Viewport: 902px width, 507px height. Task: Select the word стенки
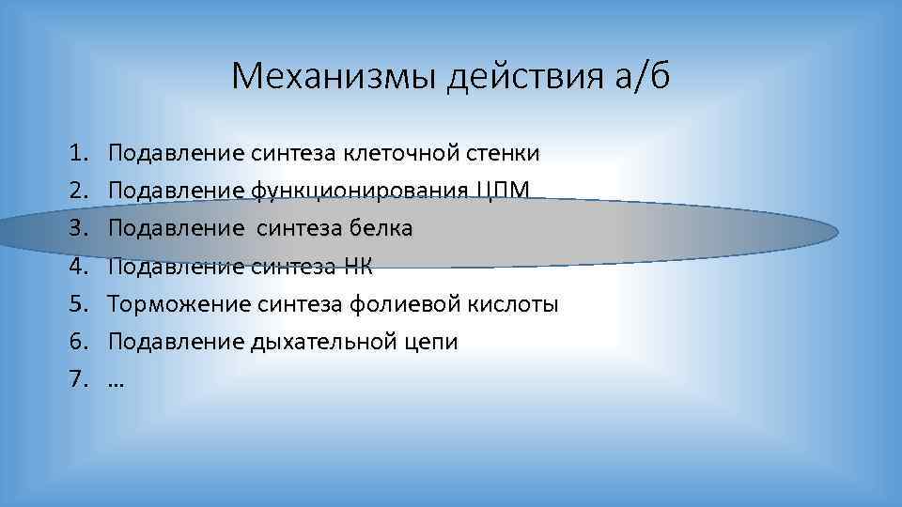coord(508,153)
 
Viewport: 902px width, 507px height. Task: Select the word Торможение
coord(179,304)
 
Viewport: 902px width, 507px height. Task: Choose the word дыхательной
coord(330,342)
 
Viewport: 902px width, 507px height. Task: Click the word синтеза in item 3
coord(298,228)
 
